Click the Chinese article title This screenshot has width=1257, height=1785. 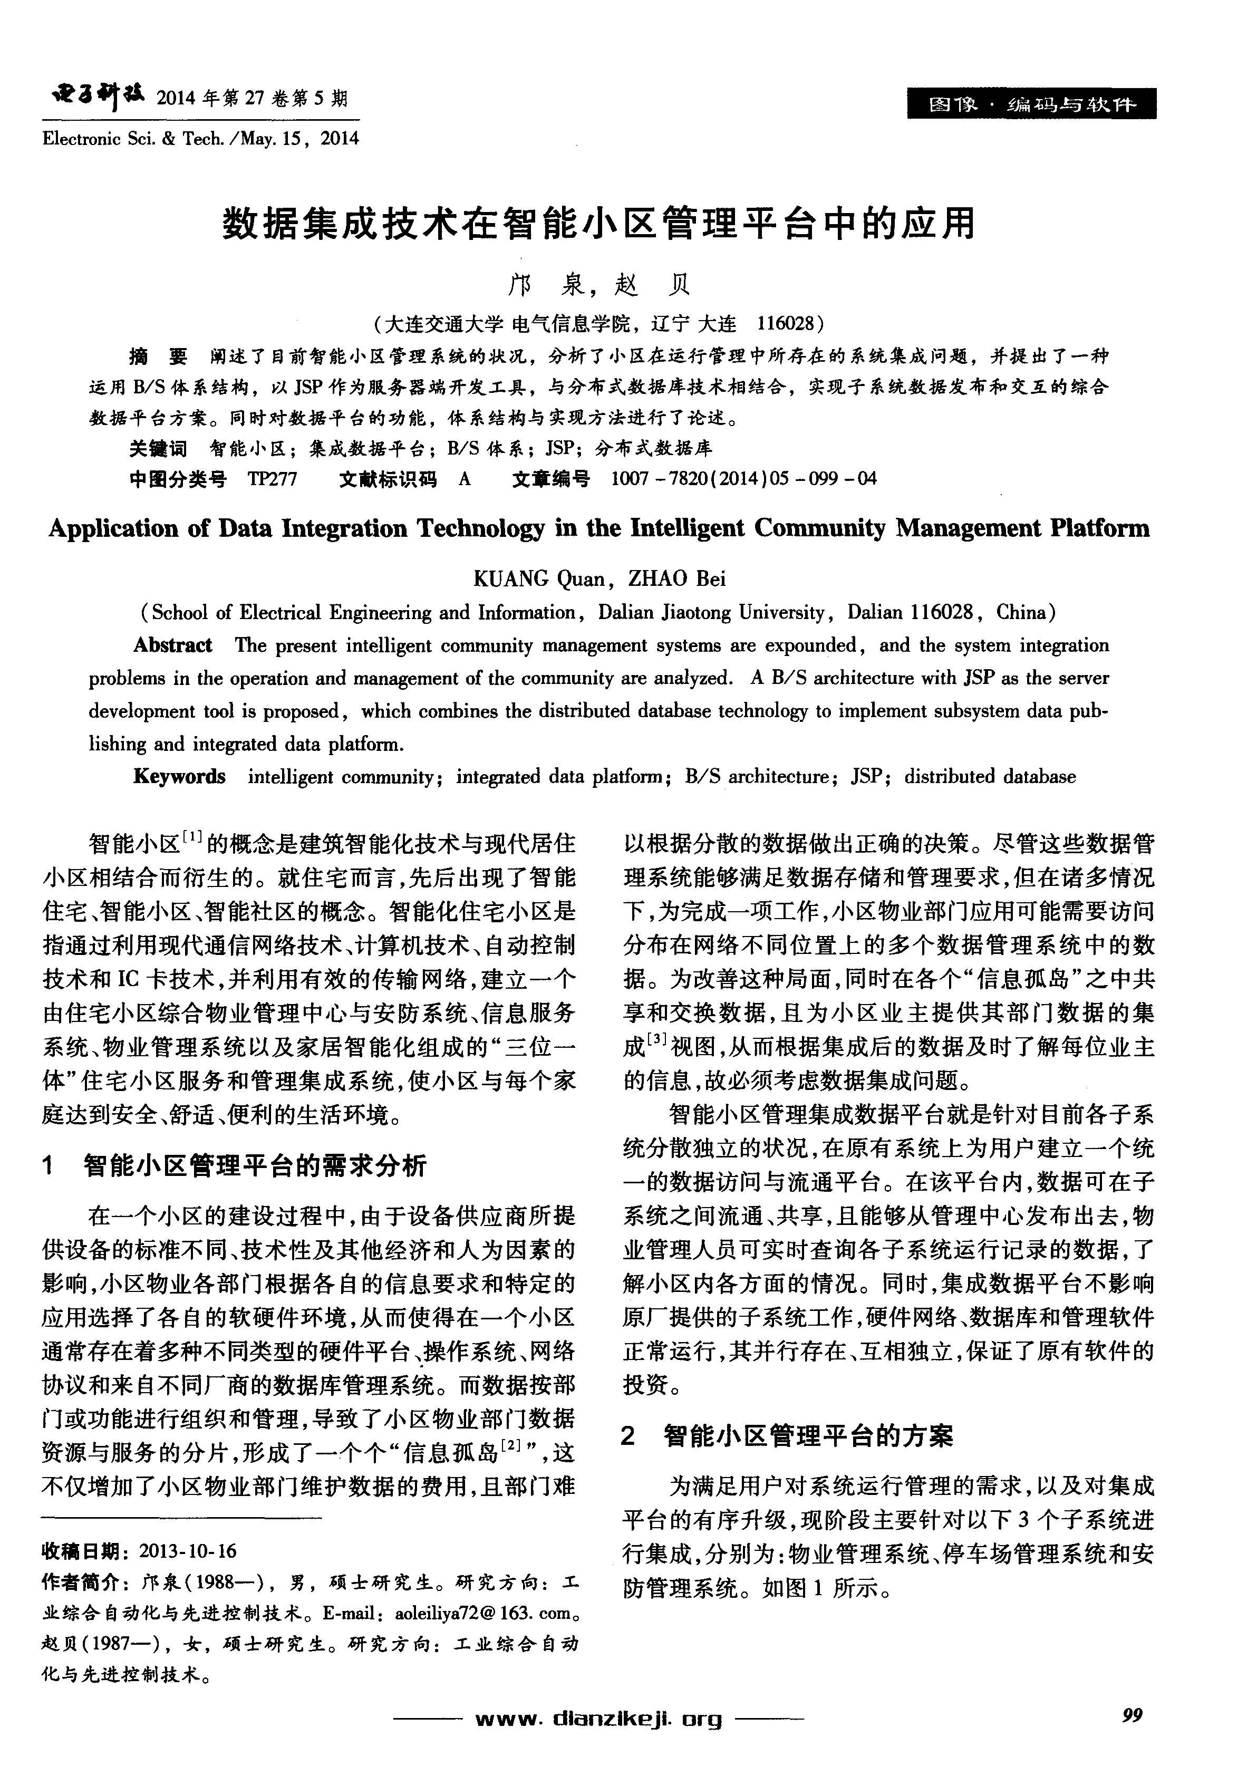coord(598,224)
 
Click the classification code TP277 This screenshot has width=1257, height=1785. coord(272,479)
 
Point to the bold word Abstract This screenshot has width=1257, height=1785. coord(172,645)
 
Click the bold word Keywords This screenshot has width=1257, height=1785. coord(180,777)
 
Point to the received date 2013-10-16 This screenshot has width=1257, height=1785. coord(187,1551)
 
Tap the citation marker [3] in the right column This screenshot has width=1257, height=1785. coord(657,1039)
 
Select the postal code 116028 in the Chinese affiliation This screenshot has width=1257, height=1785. coord(785,323)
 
